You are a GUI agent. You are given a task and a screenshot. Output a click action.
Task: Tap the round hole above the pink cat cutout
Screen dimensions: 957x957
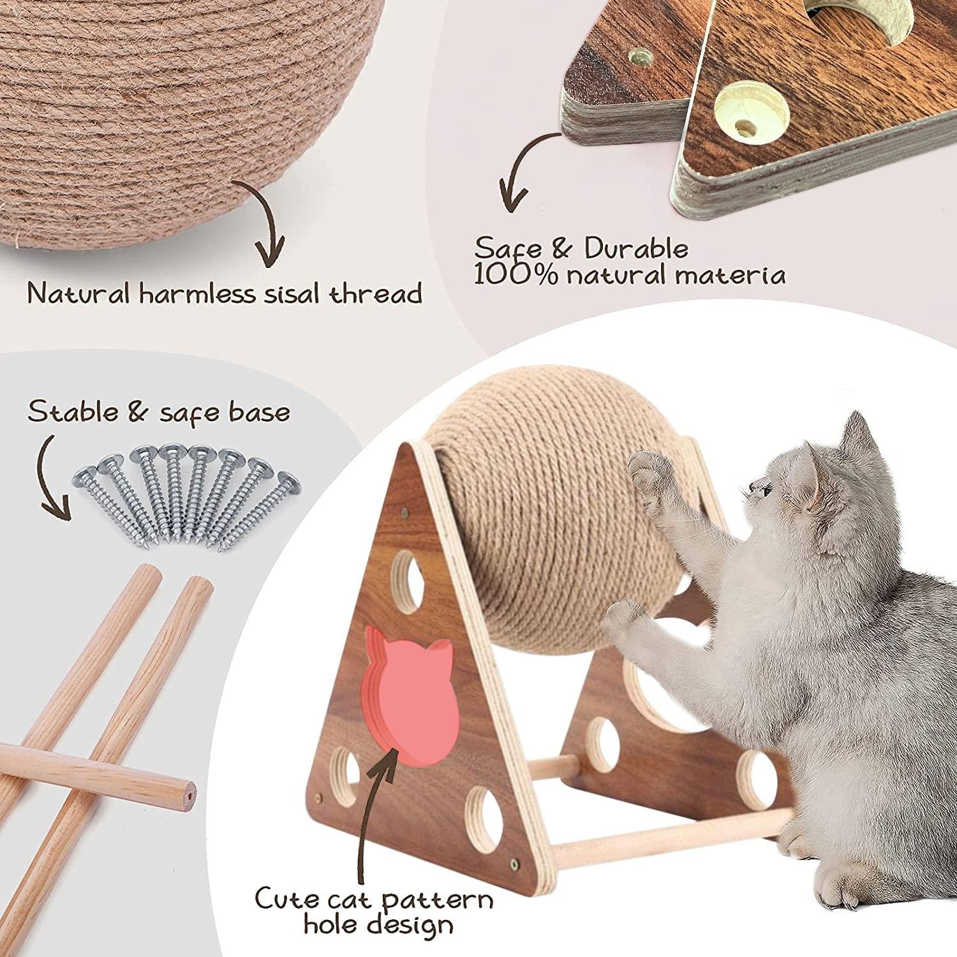(x=410, y=571)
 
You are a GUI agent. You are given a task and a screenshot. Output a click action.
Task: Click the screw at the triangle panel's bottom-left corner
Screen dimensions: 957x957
(x=318, y=797)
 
